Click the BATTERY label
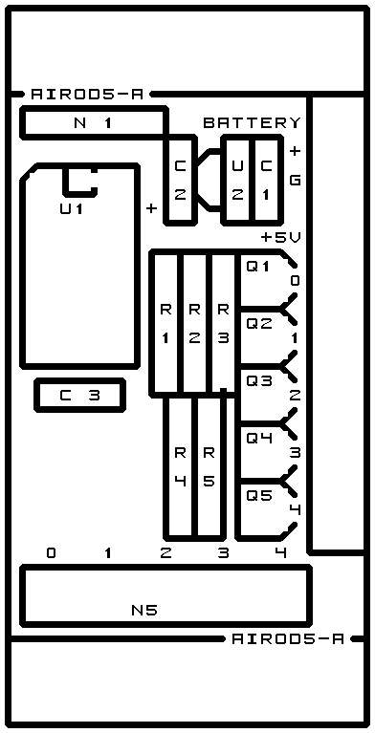(x=252, y=123)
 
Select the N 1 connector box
(x=94, y=123)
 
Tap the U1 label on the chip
(x=71, y=208)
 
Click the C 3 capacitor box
(x=80, y=396)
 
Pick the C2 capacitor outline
(x=180, y=180)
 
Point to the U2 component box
(x=237, y=180)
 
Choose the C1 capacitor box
(x=267, y=180)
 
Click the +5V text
(x=281, y=237)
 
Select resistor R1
(x=165, y=323)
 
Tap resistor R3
(x=223, y=323)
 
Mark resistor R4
(x=180, y=466)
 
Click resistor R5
(x=209, y=466)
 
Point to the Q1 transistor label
(x=259, y=267)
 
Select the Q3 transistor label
(x=259, y=381)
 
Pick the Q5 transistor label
(x=259, y=496)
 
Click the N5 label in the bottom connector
(x=144, y=610)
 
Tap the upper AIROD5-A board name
(x=87, y=95)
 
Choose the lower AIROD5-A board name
(x=288, y=638)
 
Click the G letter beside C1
(x=295, y=180)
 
